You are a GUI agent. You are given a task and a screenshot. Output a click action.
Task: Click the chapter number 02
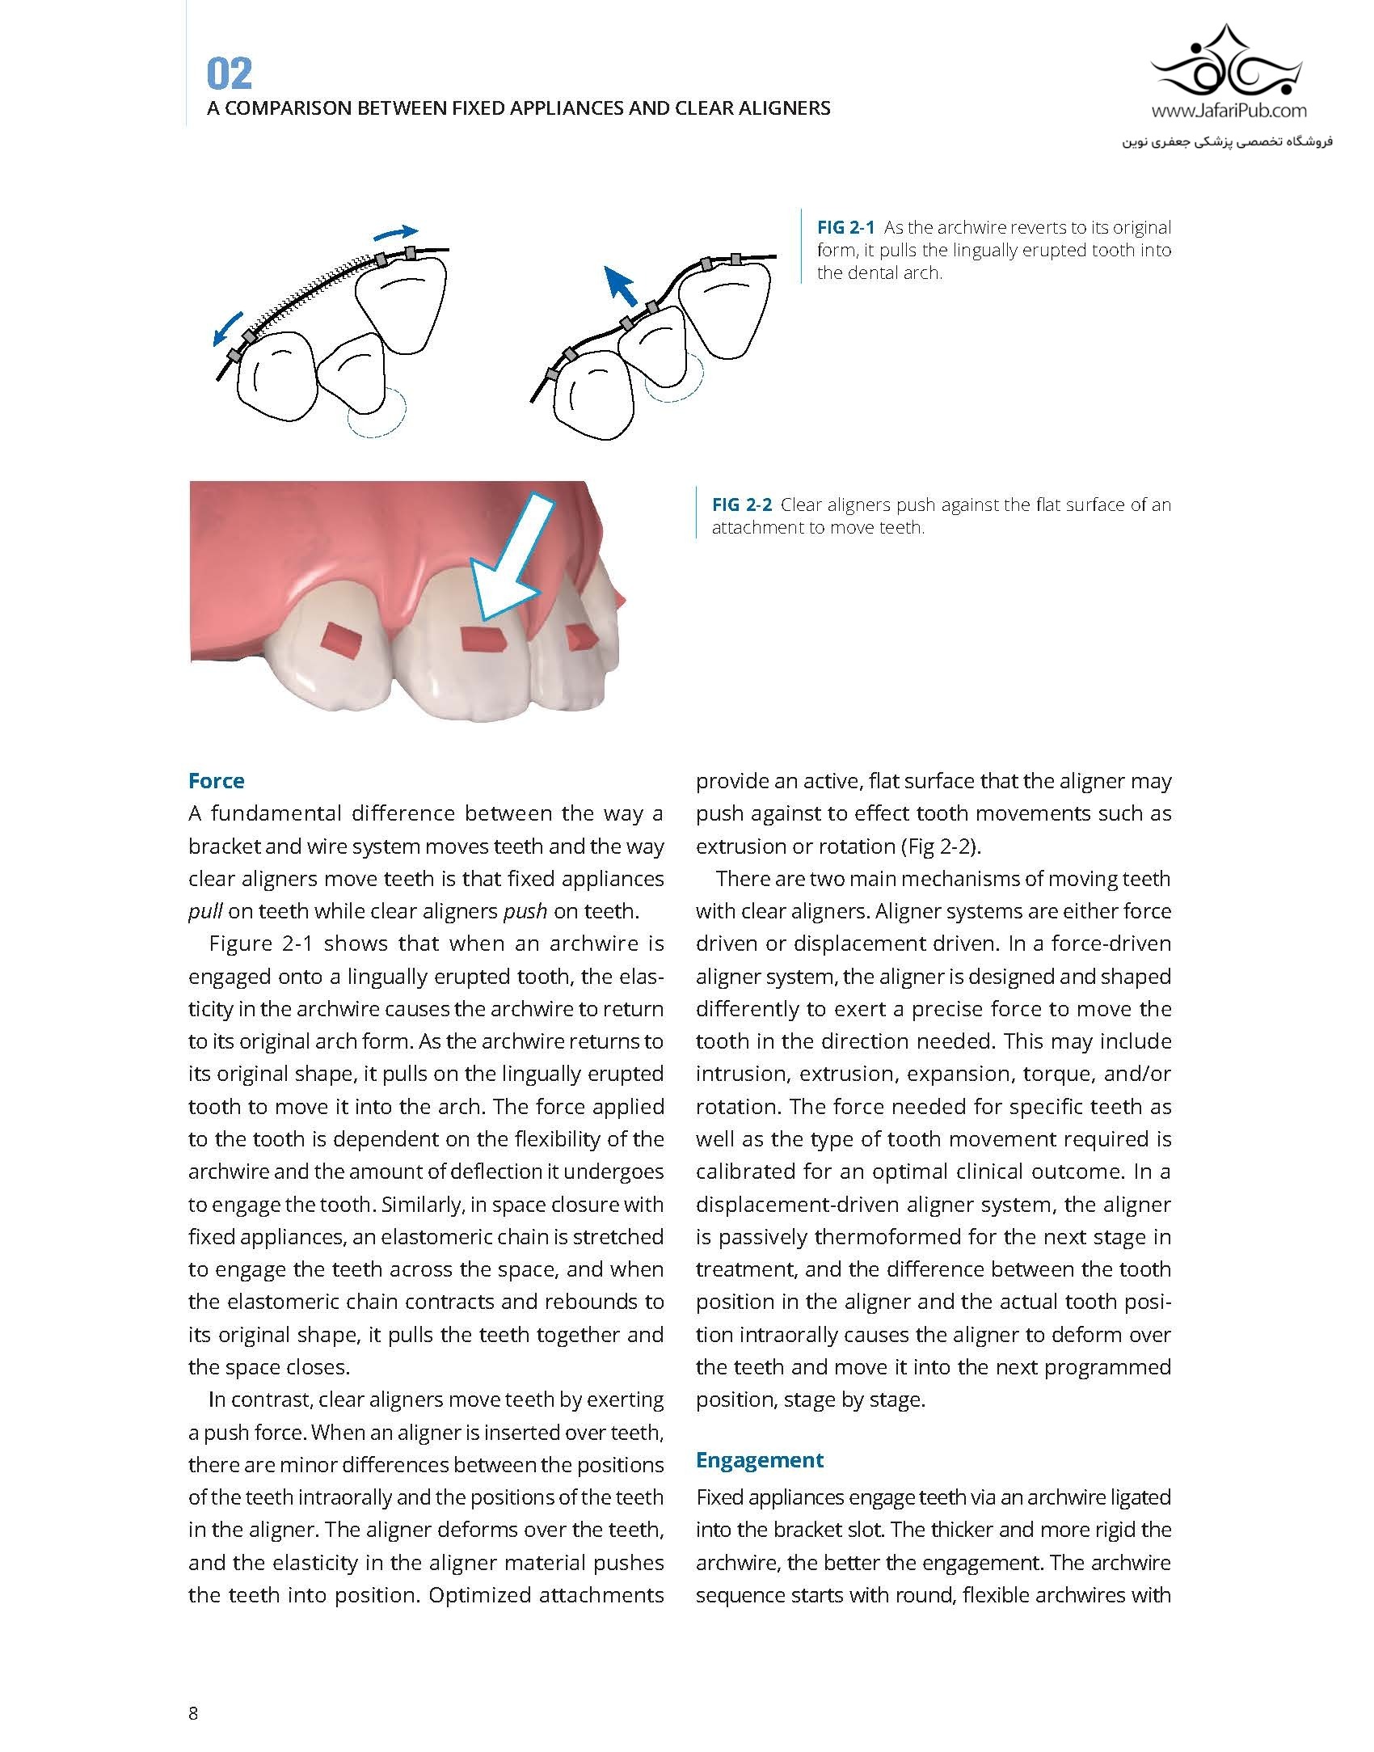pos(230,74)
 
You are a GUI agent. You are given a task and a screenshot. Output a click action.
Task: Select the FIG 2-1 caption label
pos(845,228)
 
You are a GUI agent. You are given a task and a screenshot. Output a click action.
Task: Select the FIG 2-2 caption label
pos(741,505)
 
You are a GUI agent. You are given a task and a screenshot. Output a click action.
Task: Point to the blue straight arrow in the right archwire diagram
pos(622,287)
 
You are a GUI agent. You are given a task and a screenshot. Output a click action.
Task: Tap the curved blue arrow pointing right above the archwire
pos(396,233)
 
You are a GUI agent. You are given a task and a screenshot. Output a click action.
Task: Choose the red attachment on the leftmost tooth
pos(343,640)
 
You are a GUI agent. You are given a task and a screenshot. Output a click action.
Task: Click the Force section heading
pos(216,781)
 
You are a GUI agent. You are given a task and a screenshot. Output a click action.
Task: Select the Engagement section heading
pos(759,1460)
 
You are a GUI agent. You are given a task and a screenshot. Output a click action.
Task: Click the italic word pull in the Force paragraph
pos(204,912)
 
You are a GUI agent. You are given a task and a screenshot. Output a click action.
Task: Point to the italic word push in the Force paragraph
pos(525,912)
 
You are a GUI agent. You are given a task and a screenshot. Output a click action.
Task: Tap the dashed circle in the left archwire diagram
pos(377,414)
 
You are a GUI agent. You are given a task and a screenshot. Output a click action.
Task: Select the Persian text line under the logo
pos(1227,141)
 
